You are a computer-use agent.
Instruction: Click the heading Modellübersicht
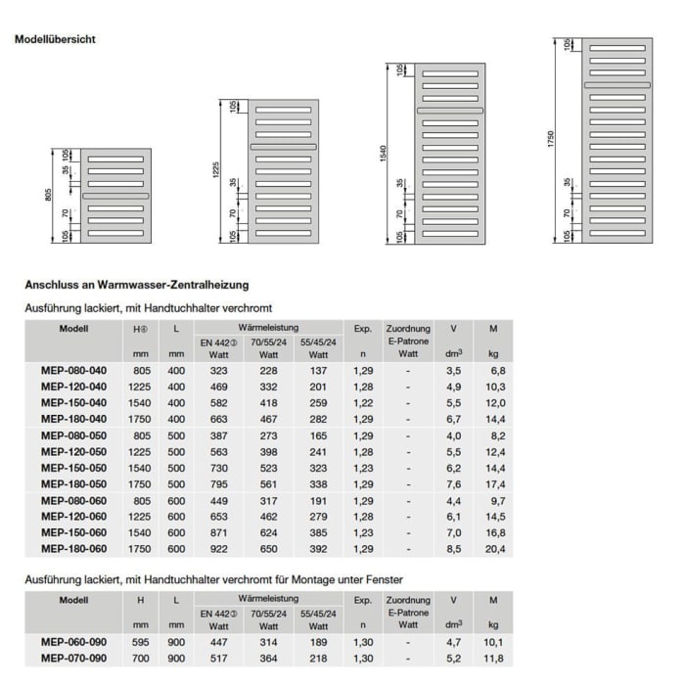[55, 40]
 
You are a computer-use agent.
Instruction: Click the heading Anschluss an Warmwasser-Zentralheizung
[136, 285]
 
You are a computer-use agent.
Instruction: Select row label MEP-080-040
[73, 369]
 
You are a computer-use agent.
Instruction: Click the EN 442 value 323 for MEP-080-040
[219, 369]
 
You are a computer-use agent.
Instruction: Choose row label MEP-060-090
[73, 642]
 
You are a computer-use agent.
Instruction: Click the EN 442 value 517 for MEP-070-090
[219, 659]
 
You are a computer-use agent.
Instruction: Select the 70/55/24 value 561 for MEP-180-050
[267, 484]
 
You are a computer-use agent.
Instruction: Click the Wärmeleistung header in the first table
[268, 327]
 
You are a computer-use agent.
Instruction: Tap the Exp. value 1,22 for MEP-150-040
[363, 402]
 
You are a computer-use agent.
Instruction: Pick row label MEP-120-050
[73, 451]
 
